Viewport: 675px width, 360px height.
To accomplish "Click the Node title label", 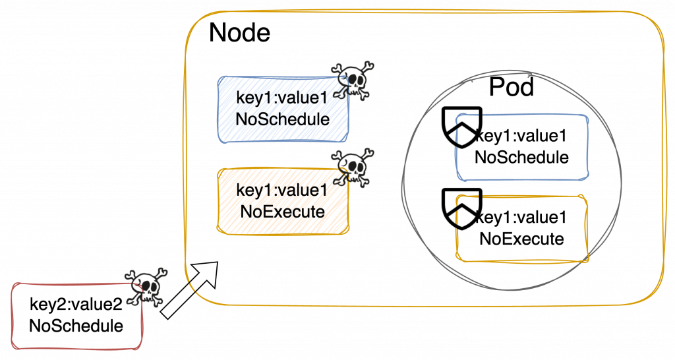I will coord(239,32).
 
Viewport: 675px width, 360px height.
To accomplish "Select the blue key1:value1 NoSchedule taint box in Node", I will coord(283,109).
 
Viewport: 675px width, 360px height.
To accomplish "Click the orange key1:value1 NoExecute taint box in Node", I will coord(283,201).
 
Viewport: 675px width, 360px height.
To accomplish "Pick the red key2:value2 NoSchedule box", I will coord(76,315).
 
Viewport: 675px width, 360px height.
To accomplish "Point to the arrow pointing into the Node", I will coord(190,289).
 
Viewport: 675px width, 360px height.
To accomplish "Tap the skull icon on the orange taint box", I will coord(351,169).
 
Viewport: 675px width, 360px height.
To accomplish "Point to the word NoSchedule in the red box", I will coord(76,326).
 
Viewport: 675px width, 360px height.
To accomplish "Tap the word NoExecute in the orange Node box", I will coord(283,212).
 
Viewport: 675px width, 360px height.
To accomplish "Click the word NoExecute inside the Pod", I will coord(522,238).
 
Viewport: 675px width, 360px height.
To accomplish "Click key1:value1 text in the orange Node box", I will coord(282,191).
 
